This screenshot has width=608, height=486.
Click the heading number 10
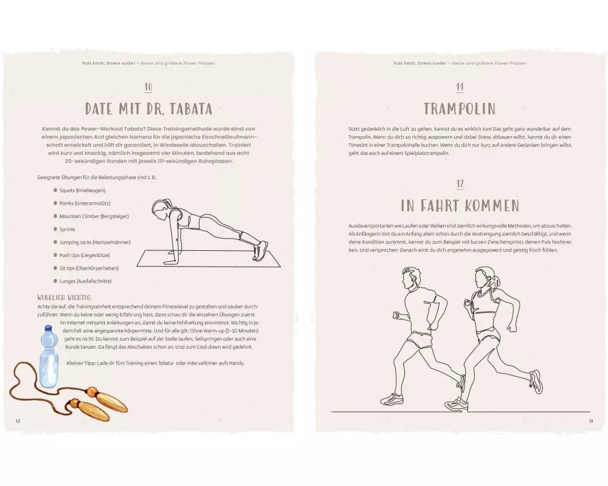coord(148,87)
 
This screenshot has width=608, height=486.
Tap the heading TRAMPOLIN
coord(460,109)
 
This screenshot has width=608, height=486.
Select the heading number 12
coord(460,183)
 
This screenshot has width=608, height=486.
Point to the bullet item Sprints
coord(67,230)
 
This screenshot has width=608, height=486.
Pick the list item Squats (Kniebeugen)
coord(82,190)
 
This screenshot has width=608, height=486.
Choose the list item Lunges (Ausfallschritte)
coord(85,281)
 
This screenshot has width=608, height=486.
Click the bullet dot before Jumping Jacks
coord(55,242)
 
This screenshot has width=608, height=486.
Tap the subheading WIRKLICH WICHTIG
coord(65,298)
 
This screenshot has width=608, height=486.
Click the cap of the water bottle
coord(49,328)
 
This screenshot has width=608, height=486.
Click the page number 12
coord(18,421)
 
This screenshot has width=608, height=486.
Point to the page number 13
coord(591,421)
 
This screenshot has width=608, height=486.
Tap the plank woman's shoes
coord(260,250)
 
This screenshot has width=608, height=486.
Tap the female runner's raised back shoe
coord(536,382)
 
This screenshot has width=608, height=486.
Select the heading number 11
coord(460,87)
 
